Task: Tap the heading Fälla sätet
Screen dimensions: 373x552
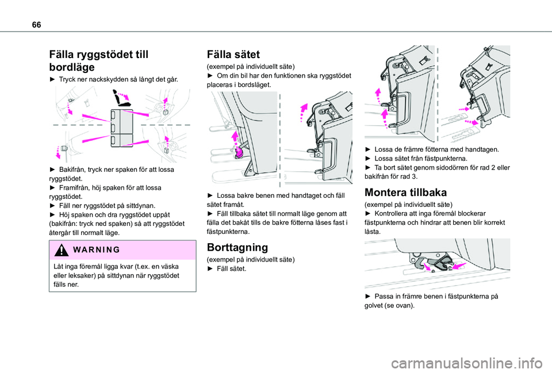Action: coord(233,55)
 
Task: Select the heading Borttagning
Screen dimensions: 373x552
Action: coord(236,247)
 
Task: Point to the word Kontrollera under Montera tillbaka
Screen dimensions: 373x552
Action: coord(396,213)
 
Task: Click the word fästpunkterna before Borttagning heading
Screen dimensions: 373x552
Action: coord(228,232)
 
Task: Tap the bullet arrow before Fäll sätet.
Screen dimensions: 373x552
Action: coord(209,268)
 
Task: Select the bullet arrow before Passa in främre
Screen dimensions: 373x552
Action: coord(368,296)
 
